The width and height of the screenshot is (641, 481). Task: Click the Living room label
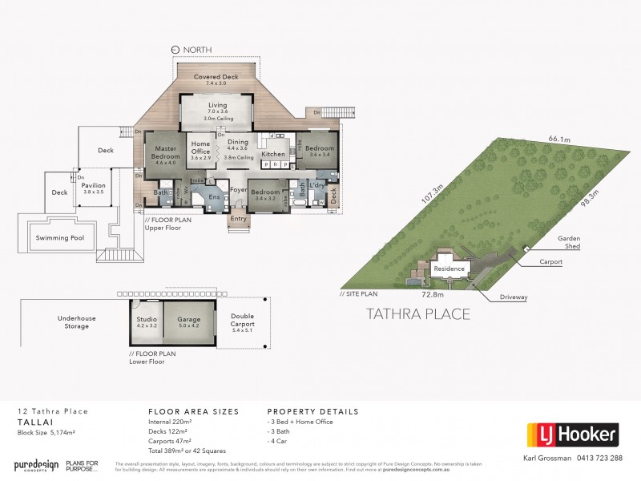pyautogui.click(x=217, y=105)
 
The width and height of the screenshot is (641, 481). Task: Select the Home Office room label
pyautogui.click(x=200, y=148)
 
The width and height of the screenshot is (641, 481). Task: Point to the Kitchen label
pyautogui.click(x=273, y=153)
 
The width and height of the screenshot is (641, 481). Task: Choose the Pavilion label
pyautogui.click(x=93, y=184)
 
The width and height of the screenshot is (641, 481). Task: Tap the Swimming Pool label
pyautogui.click(x=61, y=237)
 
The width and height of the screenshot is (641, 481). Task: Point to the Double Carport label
pyautogui.click(x=241, y=319)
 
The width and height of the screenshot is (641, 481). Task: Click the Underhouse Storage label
pyautogui.click(x=77, y=322)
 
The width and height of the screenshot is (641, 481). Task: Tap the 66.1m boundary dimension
pyautogui.click(x=558, y=138)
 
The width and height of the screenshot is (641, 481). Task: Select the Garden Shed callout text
pyautogui.click(x=570, y=242)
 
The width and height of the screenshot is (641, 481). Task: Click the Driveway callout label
pyautogui.click(x=513, y=297)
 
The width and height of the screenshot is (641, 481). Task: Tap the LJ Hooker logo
pyautogui.click(x=572, y=435)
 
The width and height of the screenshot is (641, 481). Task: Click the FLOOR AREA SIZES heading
pyautogui.click(x=193, y=411)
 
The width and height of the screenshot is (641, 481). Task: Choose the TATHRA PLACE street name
pyautogui.click(x=418, y=313)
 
